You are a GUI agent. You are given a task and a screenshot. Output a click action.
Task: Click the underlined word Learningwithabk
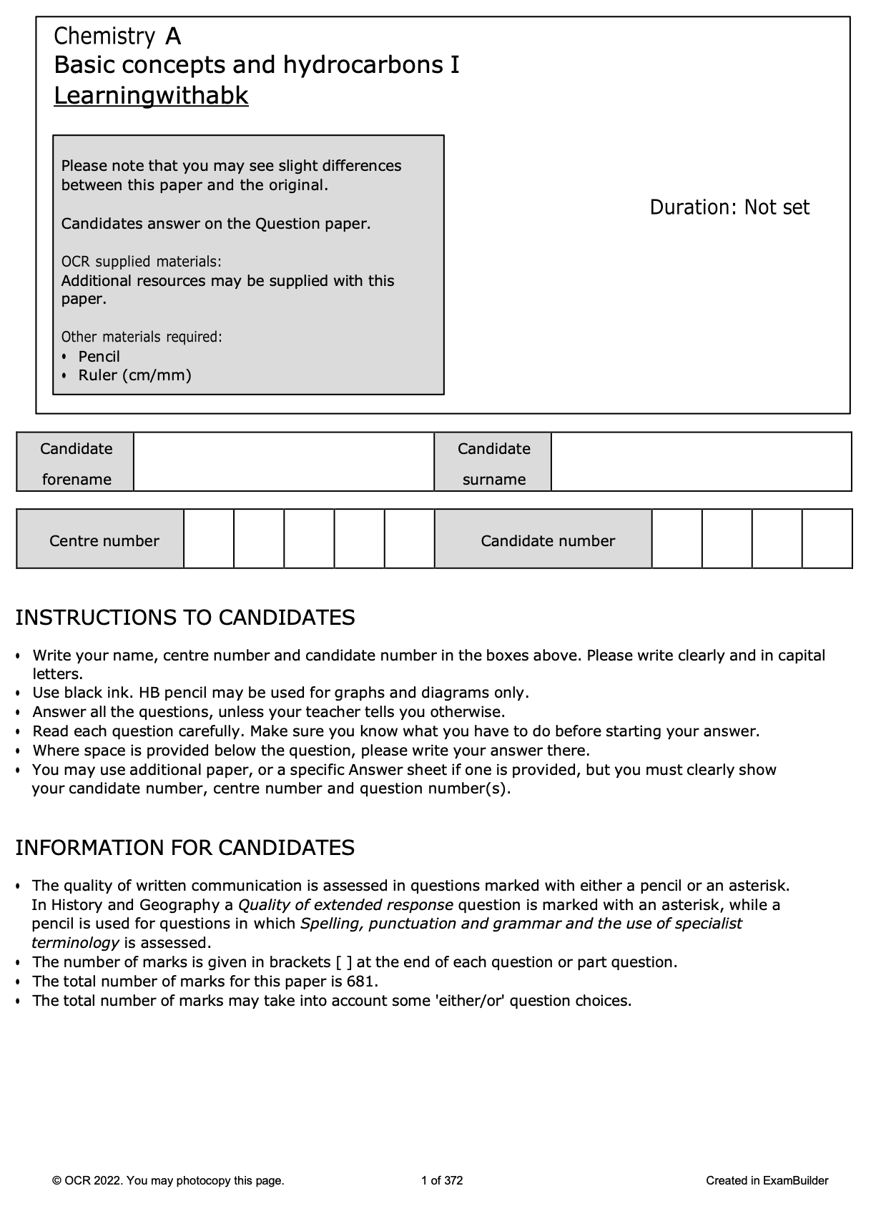click(x=151, y=95)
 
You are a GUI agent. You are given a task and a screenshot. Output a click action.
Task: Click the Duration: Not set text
click(x=729, y=207)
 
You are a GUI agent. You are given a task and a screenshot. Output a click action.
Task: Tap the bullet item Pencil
click(x=99, y=356)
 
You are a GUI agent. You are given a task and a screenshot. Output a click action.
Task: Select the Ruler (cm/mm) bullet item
click(x=134, y=375)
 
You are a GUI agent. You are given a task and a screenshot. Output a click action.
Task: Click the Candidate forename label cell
click(x=76, y=463)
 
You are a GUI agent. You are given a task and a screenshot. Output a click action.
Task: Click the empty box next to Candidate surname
click(x=701, y=462)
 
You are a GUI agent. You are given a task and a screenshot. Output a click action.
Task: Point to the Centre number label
click(x=104, y=540)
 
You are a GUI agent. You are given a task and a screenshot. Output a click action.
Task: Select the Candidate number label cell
click(x=547, y=540)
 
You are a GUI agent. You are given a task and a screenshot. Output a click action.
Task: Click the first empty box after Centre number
click(x=209, y=539)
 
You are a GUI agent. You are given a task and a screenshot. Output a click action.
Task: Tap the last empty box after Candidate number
click(x=827, y=539)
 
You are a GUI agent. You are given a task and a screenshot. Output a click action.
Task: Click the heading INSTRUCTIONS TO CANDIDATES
click(x=185, y=617)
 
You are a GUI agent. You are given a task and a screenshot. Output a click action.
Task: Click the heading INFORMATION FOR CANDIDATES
click(x=185, y=847)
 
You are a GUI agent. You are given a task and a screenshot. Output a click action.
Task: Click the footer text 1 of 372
click(x=442, y=1180)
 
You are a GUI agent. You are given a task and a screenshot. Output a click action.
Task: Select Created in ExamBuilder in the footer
click(x=767, y=1180)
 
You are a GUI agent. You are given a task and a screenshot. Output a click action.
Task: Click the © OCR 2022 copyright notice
click(x=168, y=1180)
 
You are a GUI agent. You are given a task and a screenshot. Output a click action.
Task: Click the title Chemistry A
click(x=117, y=36)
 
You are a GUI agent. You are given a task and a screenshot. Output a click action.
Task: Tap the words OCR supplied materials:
click(x=141, y=262)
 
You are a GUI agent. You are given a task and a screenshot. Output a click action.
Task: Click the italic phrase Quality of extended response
click(x=345, y=904)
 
